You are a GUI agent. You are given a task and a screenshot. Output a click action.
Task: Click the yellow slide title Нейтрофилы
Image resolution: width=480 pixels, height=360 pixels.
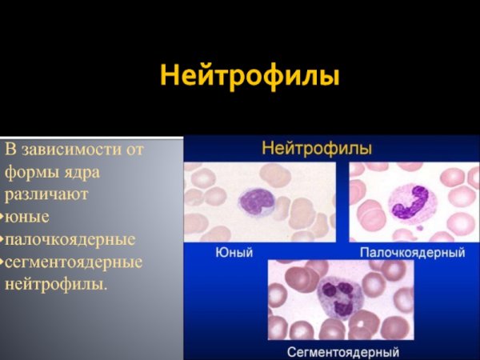point(250,78)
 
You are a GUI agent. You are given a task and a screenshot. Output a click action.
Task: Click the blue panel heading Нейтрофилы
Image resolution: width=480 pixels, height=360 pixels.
point(317,149)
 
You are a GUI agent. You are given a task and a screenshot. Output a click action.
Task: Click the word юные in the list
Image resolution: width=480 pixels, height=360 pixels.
point(27,217)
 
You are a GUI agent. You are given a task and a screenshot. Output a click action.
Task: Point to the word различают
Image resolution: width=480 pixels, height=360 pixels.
point(46,194)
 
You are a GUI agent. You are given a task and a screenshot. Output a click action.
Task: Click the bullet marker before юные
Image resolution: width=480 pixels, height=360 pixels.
point(2,218)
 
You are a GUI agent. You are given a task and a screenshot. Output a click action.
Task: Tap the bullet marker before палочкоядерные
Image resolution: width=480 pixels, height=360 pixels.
point(2,240)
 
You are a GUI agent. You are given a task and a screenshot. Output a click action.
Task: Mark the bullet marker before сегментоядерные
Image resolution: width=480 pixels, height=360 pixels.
point(2,262)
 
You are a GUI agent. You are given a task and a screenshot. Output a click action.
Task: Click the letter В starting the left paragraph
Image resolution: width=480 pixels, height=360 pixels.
point(10,150)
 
